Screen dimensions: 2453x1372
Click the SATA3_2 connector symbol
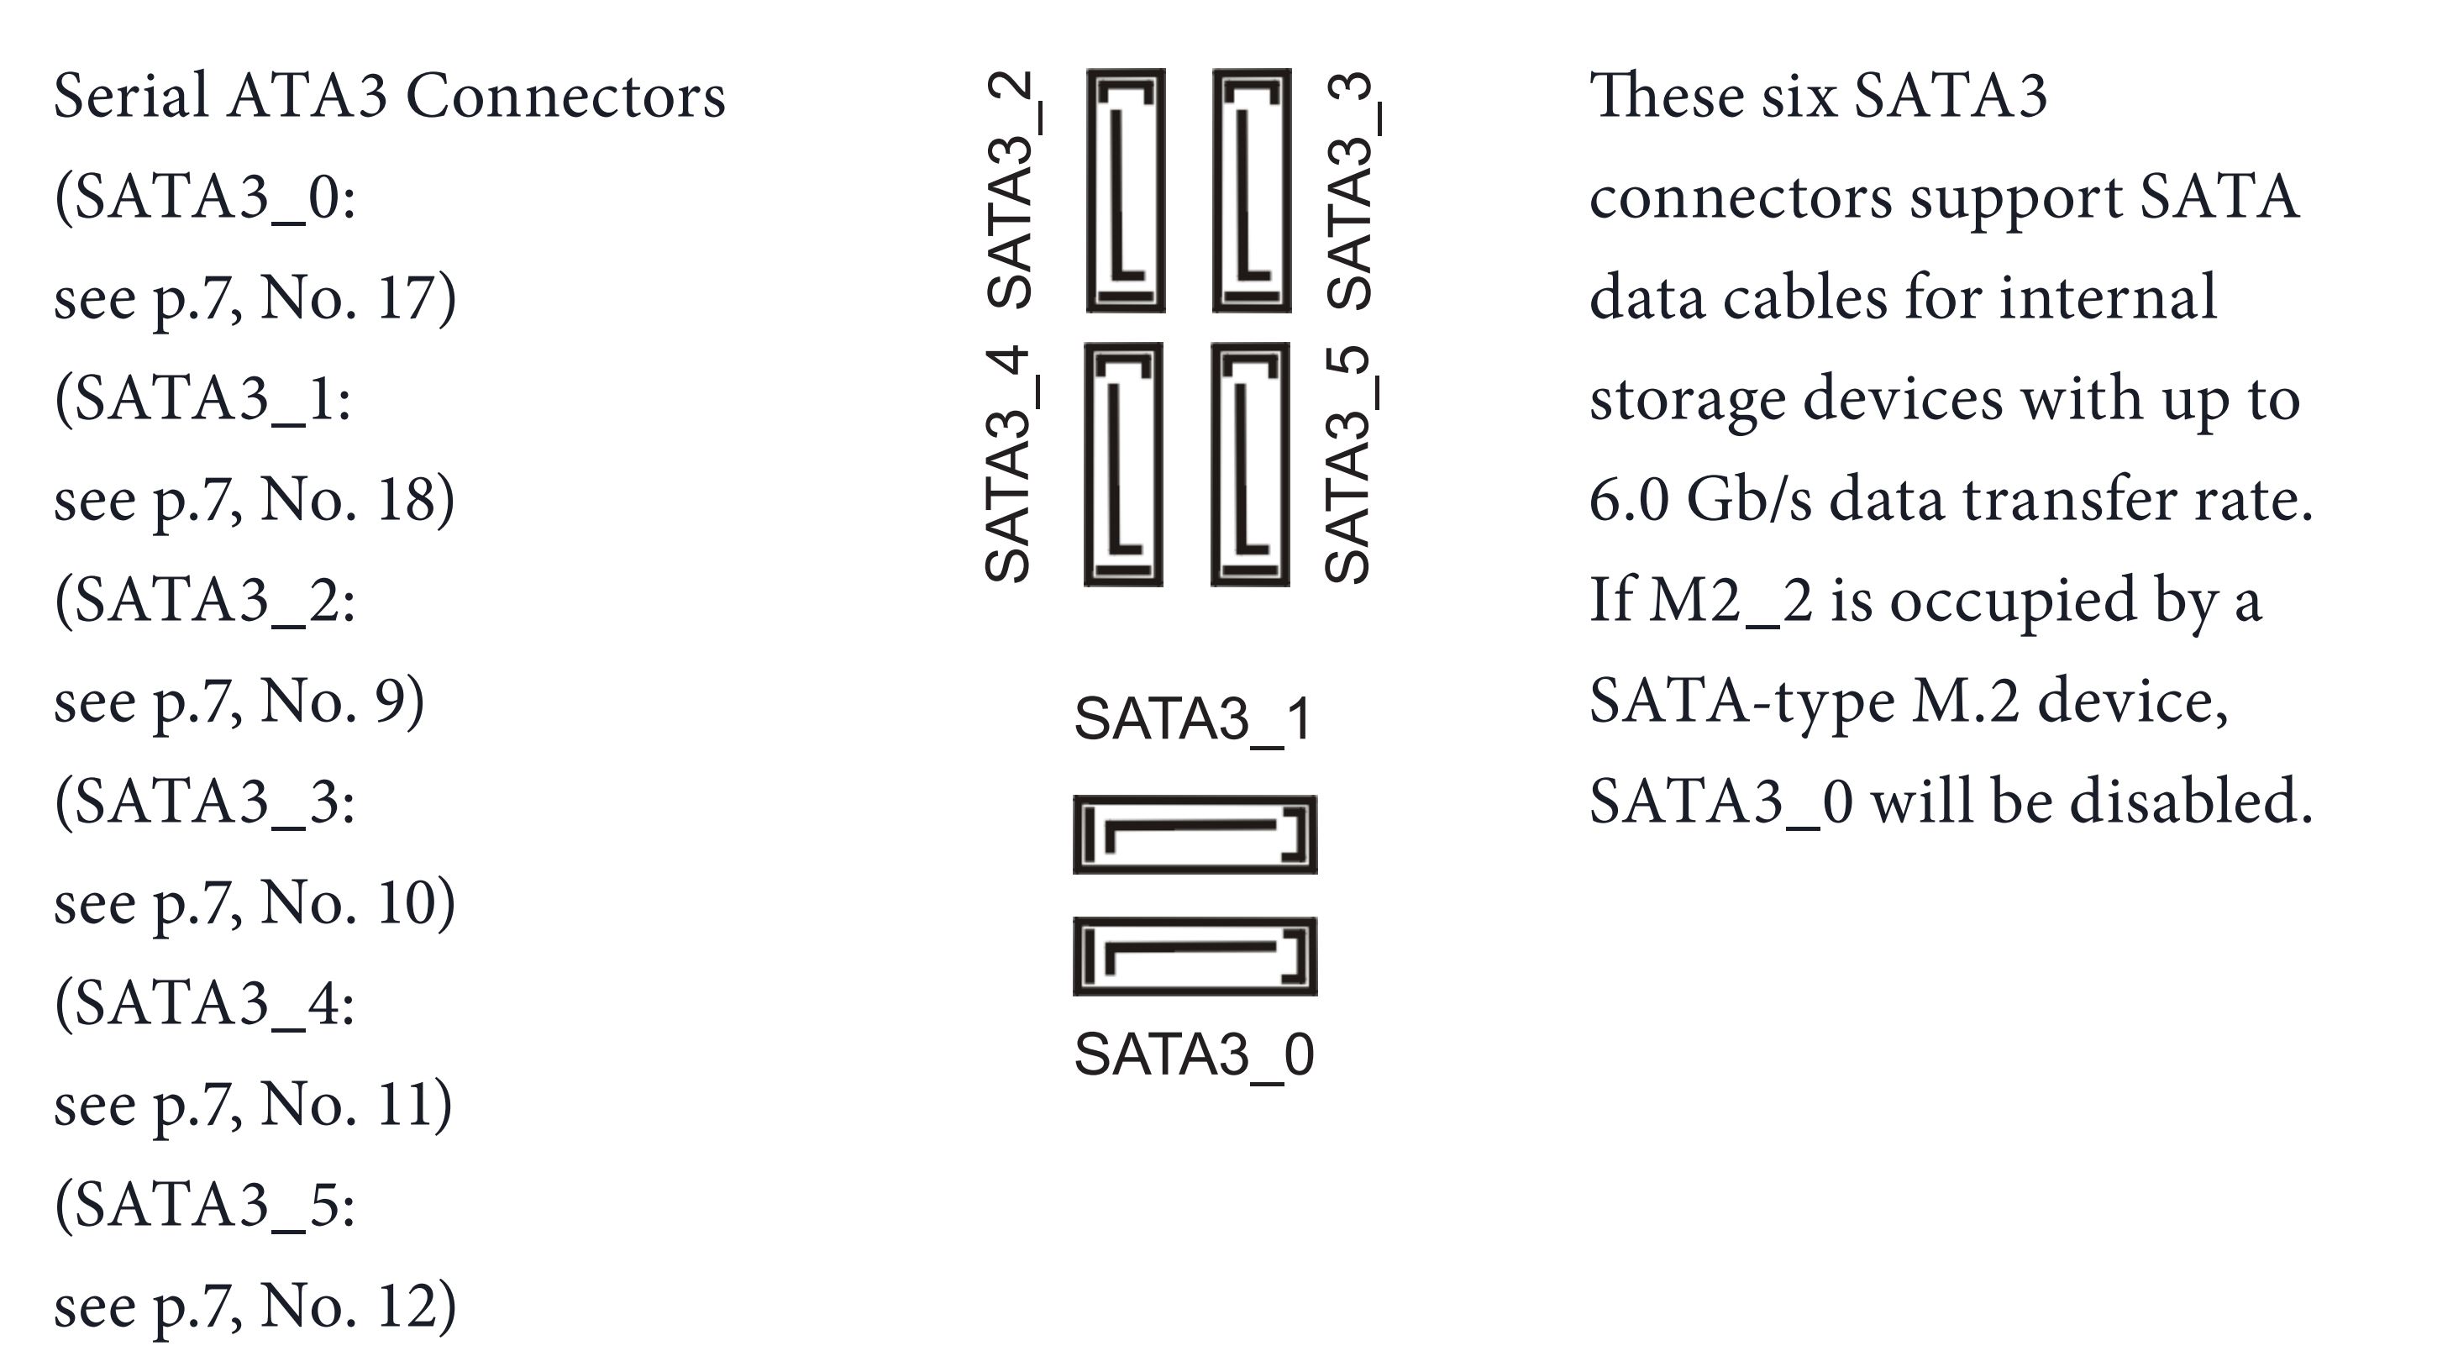pyautogui.click(x=1126, y=191)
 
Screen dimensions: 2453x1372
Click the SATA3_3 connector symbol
pyautogui.click(x=1251, y=191)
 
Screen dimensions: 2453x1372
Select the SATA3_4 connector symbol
pyautogui.click(x=1124, y=465)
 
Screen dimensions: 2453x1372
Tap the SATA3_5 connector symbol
pyautogui.click(x=1250, y=465)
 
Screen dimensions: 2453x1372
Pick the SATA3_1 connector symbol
pyautogui.click(x=1195, y=835)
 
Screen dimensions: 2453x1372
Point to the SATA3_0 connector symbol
pyautogui.click(x=1195, y=957)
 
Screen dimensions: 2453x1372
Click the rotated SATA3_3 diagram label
pyautogui.click(x=1350, y=191)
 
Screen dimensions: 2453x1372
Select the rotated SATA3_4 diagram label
pyautogui.click(x=1010, y=464)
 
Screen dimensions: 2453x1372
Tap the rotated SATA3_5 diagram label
pyautogui.click(x=1348, y=464)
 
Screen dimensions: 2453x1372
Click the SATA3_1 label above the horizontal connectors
pyautogui.click(x=1194, y=719)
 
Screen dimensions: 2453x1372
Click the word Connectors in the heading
pyautogui.click(x=565, y=97)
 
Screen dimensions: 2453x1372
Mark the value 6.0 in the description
pyautogui.click(x=1628, y=501)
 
